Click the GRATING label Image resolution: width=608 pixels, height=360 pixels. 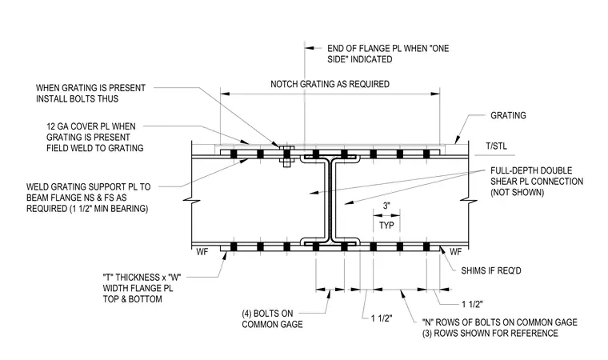tap(508, 115)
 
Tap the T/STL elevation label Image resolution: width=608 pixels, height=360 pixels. tap(496, 146)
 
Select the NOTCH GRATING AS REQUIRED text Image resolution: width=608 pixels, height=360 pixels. tap(330, 84)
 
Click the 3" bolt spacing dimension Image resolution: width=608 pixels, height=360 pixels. tap(386, 206)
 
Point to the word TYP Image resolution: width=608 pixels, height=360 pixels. tap(386, 226)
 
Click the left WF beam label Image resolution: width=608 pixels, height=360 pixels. tap(202, 252)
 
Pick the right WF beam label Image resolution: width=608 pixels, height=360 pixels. tap(456, 252)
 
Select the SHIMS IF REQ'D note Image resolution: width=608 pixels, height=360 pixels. tap(491, 270)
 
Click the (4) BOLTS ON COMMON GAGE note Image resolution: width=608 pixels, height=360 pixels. tap(272, 319)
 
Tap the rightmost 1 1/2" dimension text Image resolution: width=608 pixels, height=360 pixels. tap(472, 304)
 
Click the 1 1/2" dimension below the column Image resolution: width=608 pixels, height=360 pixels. tap(382, 318)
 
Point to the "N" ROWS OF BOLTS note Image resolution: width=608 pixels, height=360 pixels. tap(500, 328)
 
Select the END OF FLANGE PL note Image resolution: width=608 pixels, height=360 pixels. tap(388, 54)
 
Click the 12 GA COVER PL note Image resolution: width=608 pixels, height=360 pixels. tap(95, 138)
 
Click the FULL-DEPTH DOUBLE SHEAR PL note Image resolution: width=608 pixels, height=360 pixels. tap(537, 182)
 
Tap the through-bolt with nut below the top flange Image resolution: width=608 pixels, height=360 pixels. tap(286, 156)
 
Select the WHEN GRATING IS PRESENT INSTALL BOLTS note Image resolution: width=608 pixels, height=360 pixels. tap(90, 94)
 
